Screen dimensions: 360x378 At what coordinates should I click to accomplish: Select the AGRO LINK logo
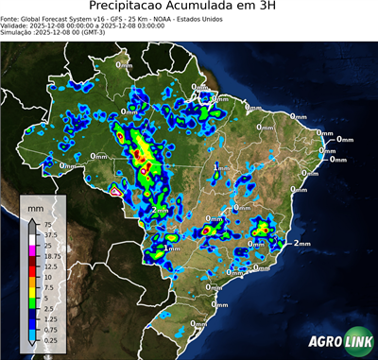(340, 341)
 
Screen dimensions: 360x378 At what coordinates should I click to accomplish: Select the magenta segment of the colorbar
(32, 250)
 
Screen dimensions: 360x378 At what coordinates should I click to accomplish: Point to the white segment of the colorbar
(32, 240)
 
